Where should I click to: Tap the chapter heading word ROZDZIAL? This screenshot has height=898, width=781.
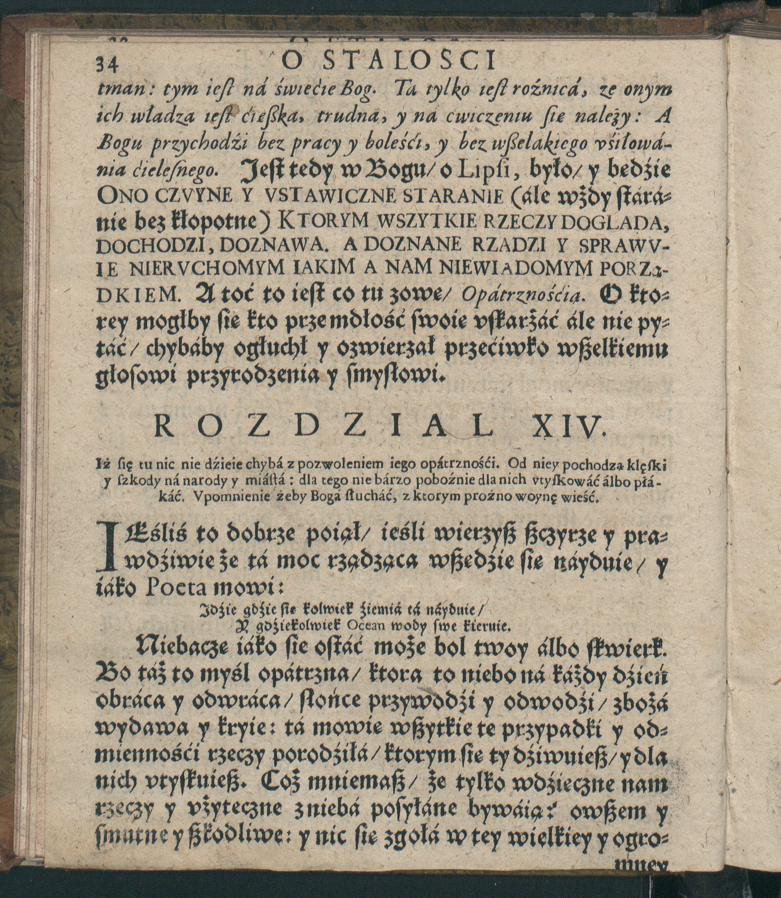point(326,429)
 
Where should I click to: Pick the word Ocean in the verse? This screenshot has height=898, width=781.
point(365,627)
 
